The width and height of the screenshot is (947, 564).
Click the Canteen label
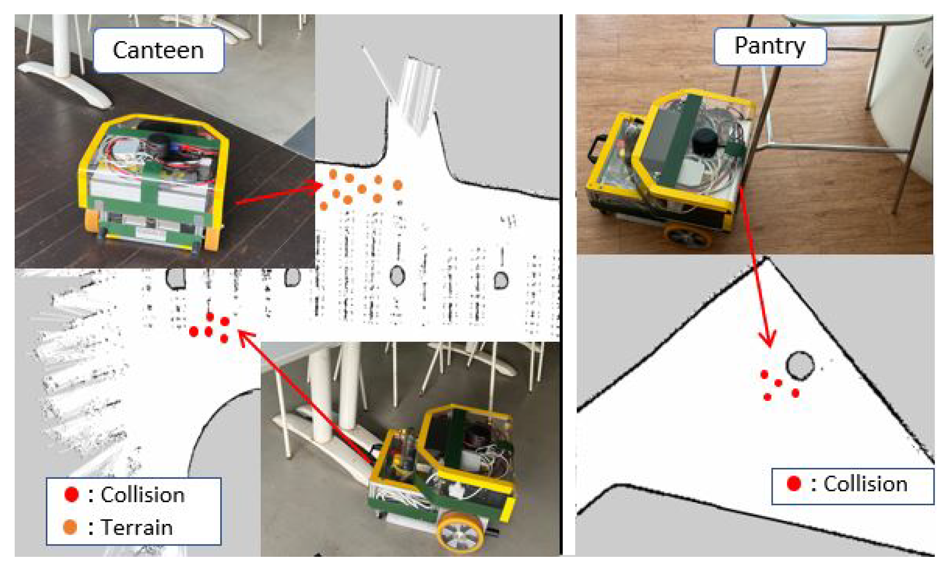(158, 50)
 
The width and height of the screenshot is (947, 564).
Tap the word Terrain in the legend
(137, 527)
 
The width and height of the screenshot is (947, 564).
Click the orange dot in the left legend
(70, 527)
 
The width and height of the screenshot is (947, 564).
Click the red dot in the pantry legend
(793, 483)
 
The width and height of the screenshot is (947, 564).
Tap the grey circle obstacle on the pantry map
(800, 365)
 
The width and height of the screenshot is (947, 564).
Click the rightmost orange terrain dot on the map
(397, 185)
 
